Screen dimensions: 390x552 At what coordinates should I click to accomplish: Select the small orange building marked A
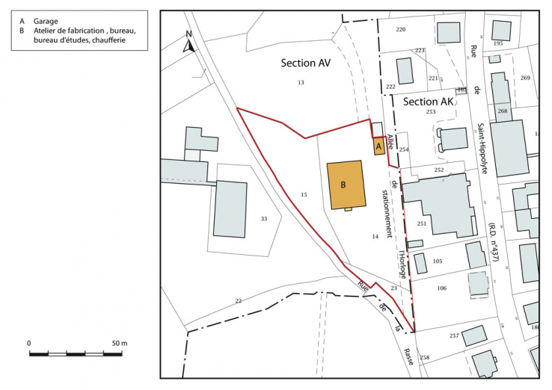[379, 146]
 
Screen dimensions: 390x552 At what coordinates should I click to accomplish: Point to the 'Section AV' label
[305, 64]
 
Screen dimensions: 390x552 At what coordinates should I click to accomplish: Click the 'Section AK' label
[428, 102]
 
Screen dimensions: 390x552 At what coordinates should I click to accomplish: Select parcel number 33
[263, 219]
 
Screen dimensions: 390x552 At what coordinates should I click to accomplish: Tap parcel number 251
[421, 223]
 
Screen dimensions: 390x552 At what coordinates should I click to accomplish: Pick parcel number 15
[304, 195]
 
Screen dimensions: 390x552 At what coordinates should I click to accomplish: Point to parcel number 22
[239, 300]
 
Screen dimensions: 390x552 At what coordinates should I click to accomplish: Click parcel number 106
[441, 288]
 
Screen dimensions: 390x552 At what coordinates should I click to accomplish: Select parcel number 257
[454, 336]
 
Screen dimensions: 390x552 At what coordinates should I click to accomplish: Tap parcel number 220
[401, 29]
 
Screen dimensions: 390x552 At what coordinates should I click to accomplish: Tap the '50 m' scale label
[119, 342]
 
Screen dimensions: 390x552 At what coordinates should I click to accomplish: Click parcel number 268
[502, 111]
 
